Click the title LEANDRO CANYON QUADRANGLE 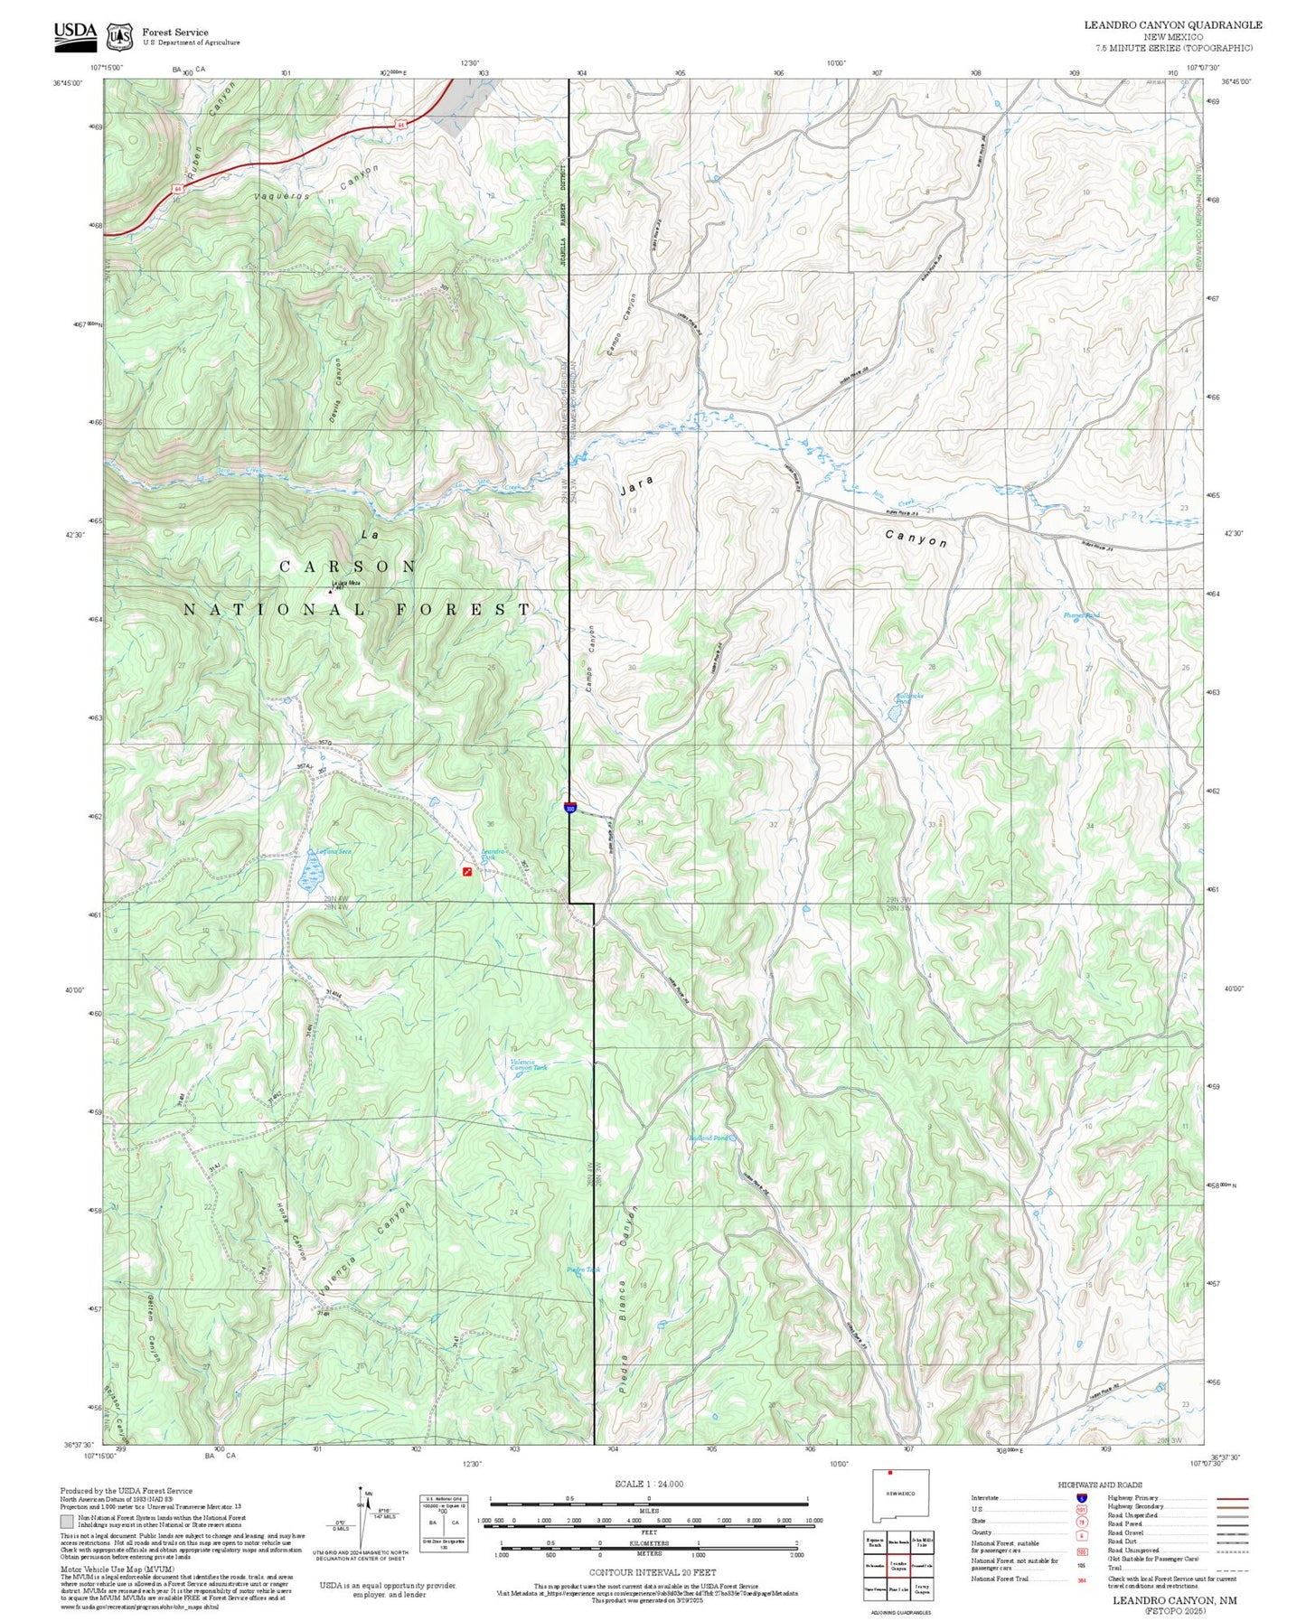pos(1172,24)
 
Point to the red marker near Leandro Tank pos(466,872)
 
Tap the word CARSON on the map pos(348,567)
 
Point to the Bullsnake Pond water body pos(894,712)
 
